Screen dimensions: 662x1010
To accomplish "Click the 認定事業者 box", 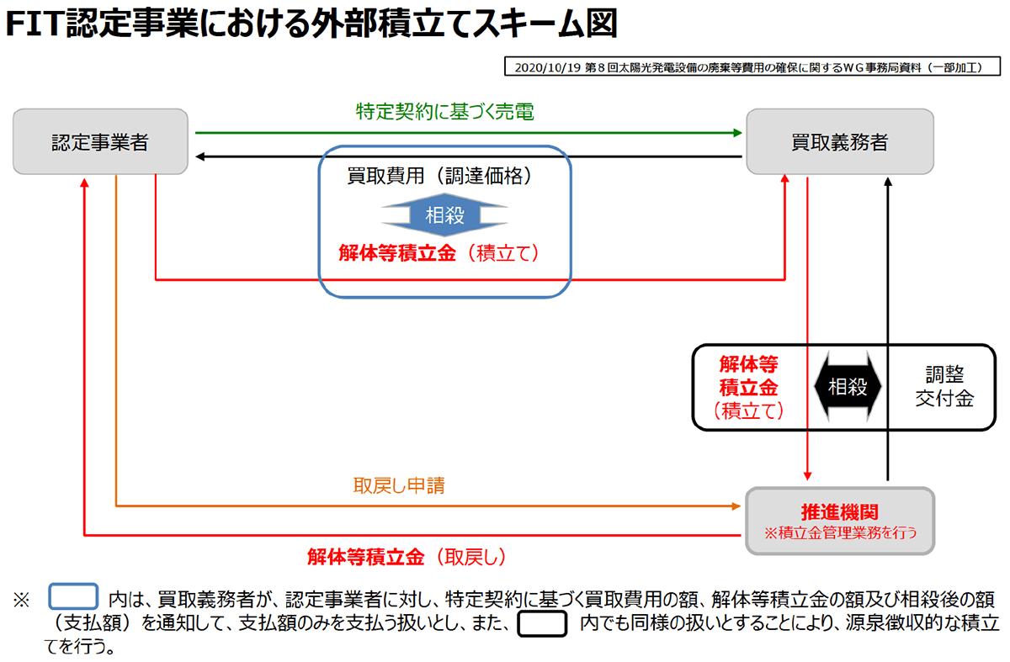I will coord(100,141).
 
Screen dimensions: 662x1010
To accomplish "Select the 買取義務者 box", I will coord(839,141).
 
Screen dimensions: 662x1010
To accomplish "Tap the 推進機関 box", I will coord(839,521).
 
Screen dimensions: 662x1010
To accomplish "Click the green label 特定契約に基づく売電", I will coord(444,112).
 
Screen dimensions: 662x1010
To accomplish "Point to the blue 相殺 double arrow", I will coord(444,215).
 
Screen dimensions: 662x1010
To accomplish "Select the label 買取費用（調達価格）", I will coord(444,177).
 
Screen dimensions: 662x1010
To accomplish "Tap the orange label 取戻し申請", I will coord(399,485).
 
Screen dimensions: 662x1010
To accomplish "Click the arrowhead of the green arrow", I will coord(737,132).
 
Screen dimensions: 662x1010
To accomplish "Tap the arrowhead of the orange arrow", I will coord(737,506).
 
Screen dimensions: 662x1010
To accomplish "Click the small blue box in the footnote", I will coord(74,598).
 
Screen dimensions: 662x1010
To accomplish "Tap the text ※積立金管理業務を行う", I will coord(839,532).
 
